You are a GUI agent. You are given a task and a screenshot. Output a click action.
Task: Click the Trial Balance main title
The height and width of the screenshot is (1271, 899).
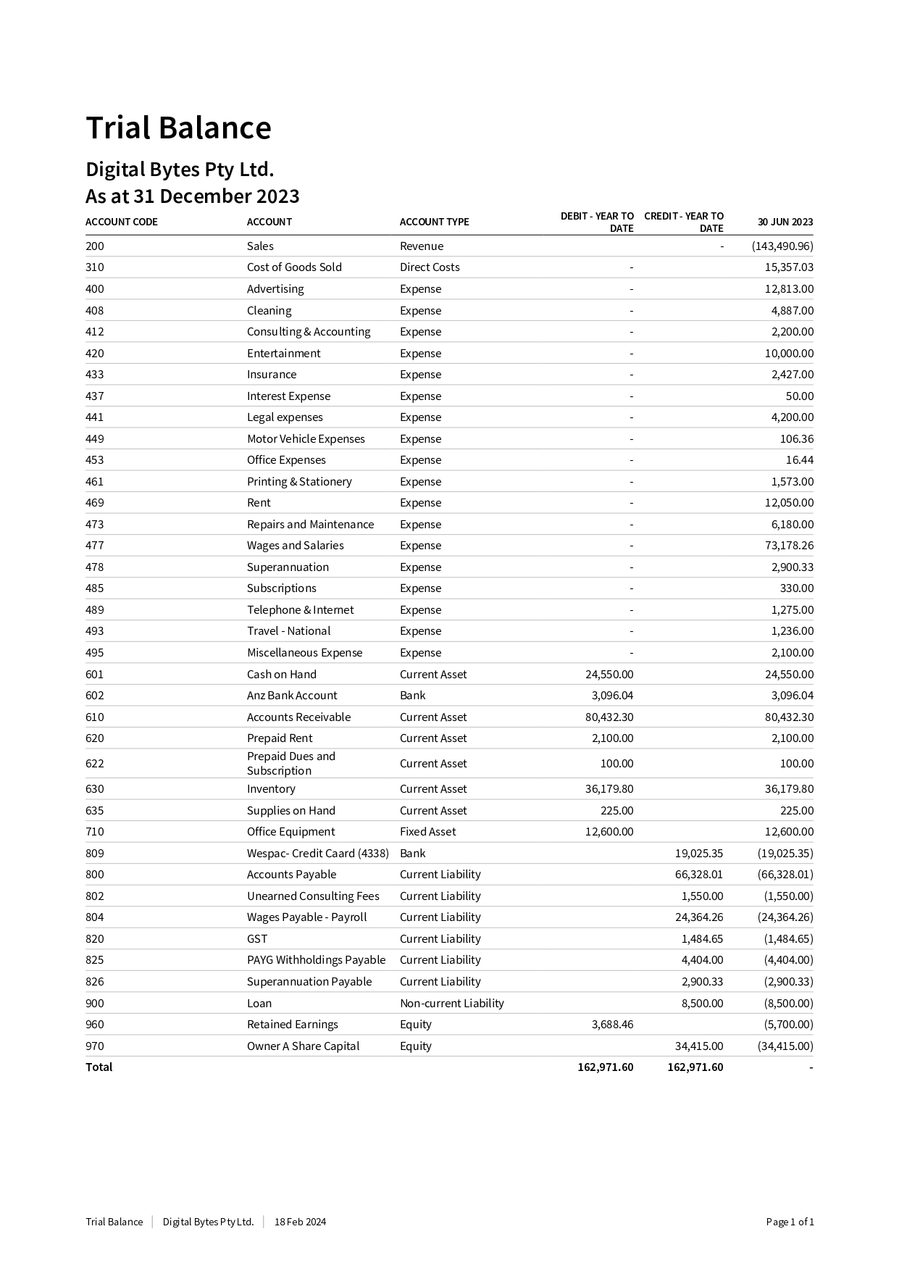(x=178, y=128)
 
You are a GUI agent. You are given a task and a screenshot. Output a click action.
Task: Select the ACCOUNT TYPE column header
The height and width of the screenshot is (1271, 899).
(x=434, y=222)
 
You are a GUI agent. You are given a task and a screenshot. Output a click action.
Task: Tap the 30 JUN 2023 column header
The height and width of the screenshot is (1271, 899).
(x=785, y=222)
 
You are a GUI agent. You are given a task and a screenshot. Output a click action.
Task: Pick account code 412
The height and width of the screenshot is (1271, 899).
(x=95, y=331)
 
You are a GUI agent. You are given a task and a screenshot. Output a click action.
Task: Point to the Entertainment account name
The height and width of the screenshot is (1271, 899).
(x=283, y=353)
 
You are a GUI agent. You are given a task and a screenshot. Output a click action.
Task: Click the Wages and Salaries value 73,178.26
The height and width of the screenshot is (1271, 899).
(x=789, y=545)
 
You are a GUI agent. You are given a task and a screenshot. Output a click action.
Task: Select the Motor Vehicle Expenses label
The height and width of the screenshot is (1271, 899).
(x=306, y=438)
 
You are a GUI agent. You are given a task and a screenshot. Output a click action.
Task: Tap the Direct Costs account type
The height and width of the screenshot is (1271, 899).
(x=430, y=267)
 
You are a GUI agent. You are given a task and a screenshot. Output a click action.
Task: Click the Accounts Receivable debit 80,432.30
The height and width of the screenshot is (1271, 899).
(x=609, y=717)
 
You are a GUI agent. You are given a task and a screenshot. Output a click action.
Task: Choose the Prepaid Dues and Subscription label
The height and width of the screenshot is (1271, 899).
(x=290, y=763)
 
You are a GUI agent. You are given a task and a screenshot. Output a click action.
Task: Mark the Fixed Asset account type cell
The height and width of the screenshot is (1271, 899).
(x=428, y=831)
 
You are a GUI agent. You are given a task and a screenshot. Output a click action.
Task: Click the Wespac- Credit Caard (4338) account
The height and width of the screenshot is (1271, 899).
(x=317, y=853)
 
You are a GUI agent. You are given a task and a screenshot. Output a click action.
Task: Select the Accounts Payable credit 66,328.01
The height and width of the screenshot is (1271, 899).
(x=698, y=874)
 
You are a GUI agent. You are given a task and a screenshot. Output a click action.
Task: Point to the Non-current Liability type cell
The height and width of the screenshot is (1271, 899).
(x=451, y=1003)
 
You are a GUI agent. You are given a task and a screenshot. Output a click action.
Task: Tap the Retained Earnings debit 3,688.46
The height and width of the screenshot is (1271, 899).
(x=612, y=1024)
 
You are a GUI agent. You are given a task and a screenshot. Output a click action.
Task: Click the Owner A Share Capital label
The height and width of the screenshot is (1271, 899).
(x=303, y=1046)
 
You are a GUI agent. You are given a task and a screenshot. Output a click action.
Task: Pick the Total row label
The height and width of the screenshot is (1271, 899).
(x=99, y=1067)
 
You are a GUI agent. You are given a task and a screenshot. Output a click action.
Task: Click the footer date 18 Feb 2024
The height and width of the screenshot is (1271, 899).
(x=300, y=1222)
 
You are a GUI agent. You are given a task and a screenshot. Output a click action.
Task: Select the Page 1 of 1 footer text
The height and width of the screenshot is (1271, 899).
(x=790, y=1222)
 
